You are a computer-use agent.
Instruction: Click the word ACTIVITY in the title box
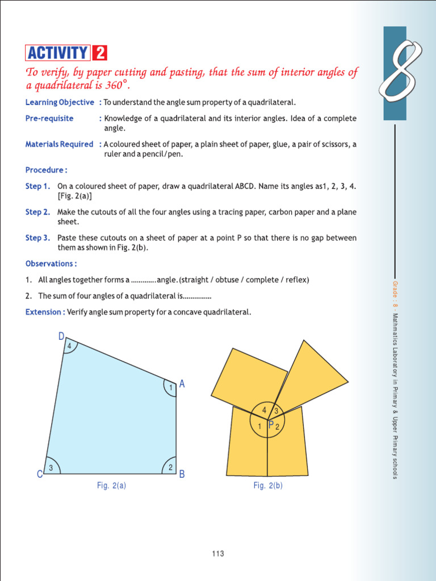57,53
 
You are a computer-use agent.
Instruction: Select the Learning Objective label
60,102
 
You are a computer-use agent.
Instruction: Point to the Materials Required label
59,144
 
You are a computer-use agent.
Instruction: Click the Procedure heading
46,170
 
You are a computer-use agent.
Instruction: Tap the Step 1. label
37,186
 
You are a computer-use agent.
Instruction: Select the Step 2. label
37,212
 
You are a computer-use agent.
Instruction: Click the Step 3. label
37,238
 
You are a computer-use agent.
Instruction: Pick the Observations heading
51,264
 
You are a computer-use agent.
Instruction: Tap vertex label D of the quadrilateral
61,337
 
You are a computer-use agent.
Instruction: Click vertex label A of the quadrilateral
182,384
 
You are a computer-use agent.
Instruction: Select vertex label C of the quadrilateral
40,474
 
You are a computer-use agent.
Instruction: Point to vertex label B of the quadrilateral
182,474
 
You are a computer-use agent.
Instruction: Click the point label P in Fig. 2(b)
271,425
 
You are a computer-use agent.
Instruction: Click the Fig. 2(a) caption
111,486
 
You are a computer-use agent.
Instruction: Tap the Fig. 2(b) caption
268,486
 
